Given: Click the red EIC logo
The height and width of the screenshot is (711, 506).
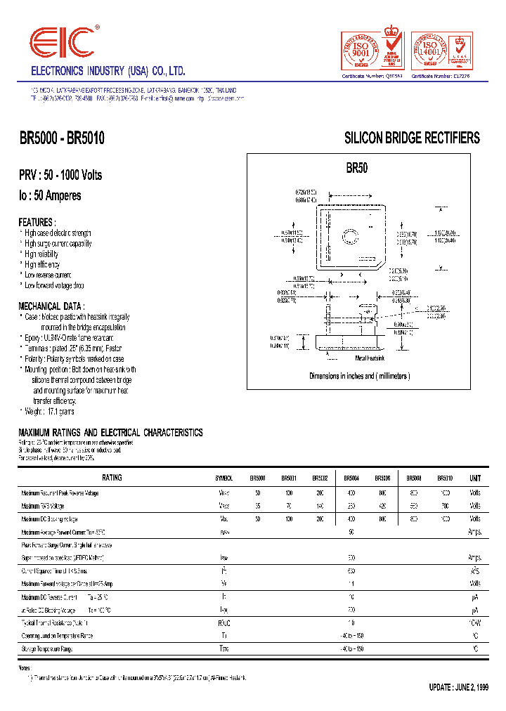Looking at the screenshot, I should tap(62, 44).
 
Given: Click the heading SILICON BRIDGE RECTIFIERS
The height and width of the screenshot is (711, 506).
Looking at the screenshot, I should tap(412, 138).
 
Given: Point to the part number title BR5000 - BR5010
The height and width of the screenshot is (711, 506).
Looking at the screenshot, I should tap(62, 139).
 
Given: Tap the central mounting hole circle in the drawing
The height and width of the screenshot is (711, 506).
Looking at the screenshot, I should tap(349, 234).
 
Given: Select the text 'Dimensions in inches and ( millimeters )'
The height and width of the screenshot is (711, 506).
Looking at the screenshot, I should tap(359, 376).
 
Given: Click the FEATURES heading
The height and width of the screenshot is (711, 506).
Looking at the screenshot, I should tap(36, 221).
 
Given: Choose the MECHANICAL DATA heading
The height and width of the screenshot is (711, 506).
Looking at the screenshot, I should tap(51, 306).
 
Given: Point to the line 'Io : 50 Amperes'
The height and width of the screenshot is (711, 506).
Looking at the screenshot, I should tap(50, 195).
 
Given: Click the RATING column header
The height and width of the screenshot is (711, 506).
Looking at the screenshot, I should tap(112, 478).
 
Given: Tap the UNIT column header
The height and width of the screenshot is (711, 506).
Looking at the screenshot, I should tap(475, 478).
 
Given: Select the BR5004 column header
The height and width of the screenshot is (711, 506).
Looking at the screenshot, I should tap(353, 478).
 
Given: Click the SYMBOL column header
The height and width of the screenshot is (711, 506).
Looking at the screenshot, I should tap(224, 478).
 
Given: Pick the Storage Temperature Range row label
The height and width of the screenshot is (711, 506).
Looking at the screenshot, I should tap(47, 649).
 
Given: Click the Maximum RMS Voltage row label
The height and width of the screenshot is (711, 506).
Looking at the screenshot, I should tap(43, 505).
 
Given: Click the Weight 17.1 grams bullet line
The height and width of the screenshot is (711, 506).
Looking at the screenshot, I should tap(48, 412).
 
